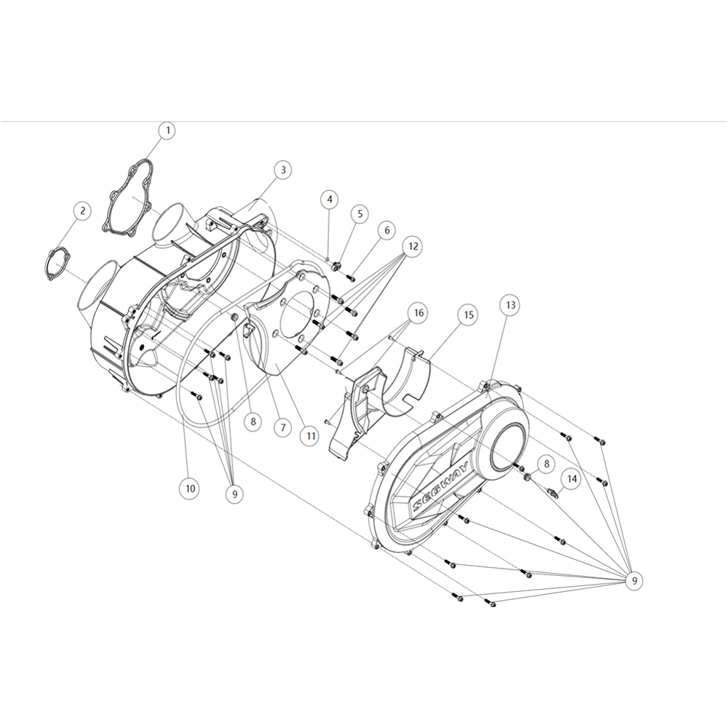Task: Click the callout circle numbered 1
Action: [x=167, y=130]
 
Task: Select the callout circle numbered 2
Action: [x=83, y=211]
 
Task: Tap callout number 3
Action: [x=283, y=170]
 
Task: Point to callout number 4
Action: [x=330, y=199]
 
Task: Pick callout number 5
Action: [x=360, y=214]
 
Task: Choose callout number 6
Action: [x=387, y=230]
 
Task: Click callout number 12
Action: [x=413, y=246]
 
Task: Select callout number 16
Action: [x=419, y=313]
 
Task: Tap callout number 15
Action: [x=468, y=314]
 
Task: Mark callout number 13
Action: [x=510, y=305]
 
